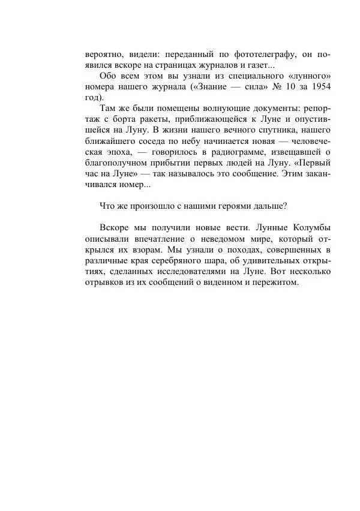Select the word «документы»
[274, 110]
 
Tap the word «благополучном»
[117, 167]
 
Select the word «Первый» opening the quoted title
[316, 167]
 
